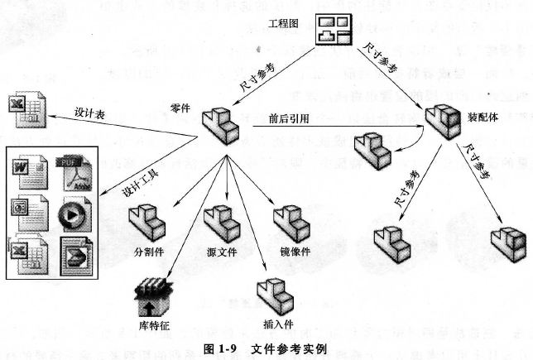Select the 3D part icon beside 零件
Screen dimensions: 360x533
(x=220, y=125)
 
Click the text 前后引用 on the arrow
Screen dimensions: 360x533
(x=289, y=118)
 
